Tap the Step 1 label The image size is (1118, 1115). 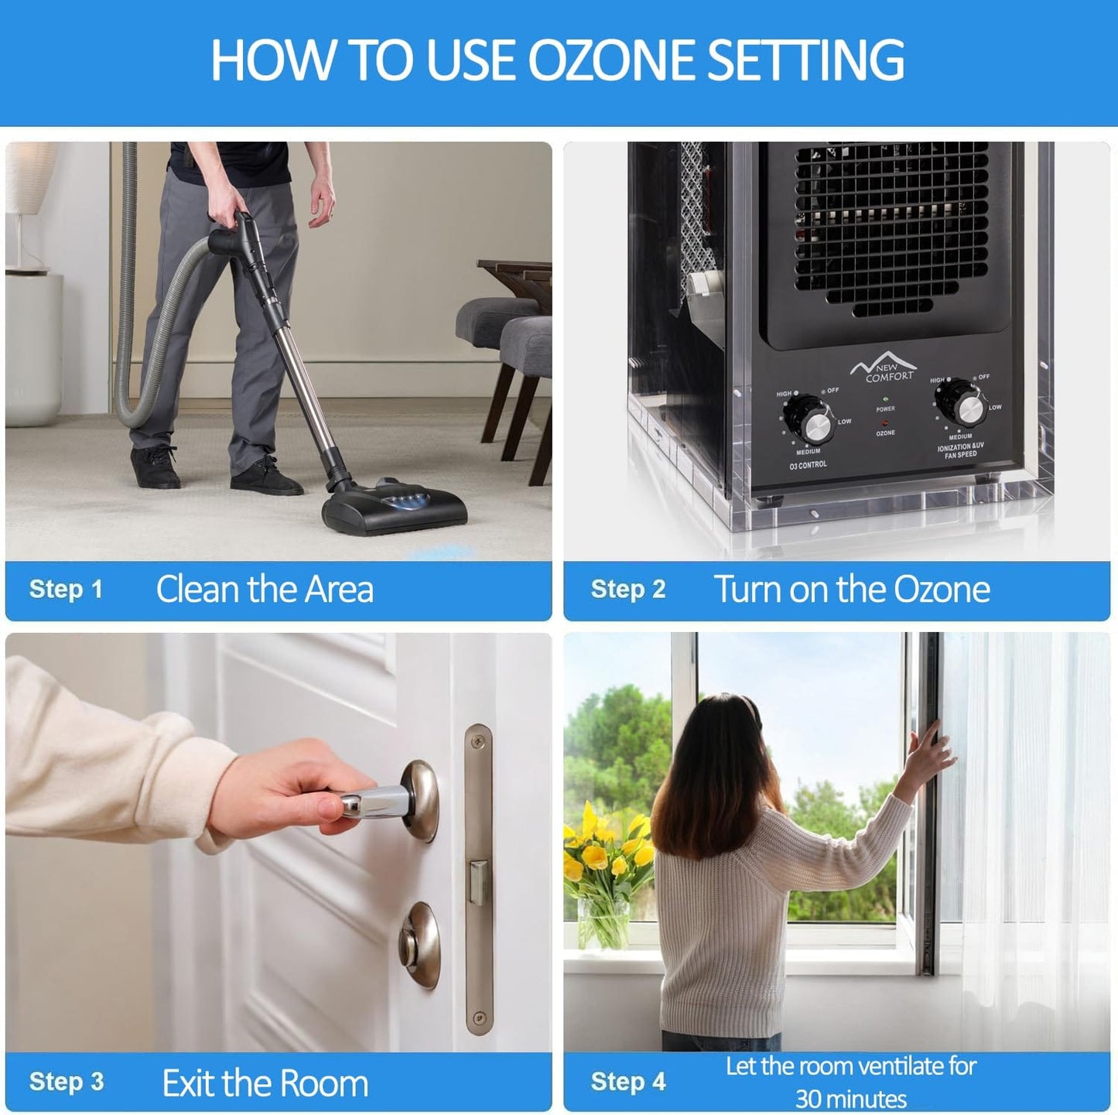click(x=66, y=590)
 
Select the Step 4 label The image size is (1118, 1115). click(x=627, y=1082)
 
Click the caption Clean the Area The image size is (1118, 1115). click(x=265, y=590)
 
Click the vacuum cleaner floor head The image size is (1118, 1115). click(x=395, y=508)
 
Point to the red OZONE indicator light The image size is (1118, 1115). click(x=884, y=423)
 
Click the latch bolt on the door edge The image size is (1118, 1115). click(x=477, y=882)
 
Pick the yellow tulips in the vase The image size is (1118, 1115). click(x=607, y=851)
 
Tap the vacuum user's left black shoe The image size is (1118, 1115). click(x=155, y=468)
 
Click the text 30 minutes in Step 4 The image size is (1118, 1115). click(x=851, y=1099)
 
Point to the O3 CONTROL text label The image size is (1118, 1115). click(x=808, y=465)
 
